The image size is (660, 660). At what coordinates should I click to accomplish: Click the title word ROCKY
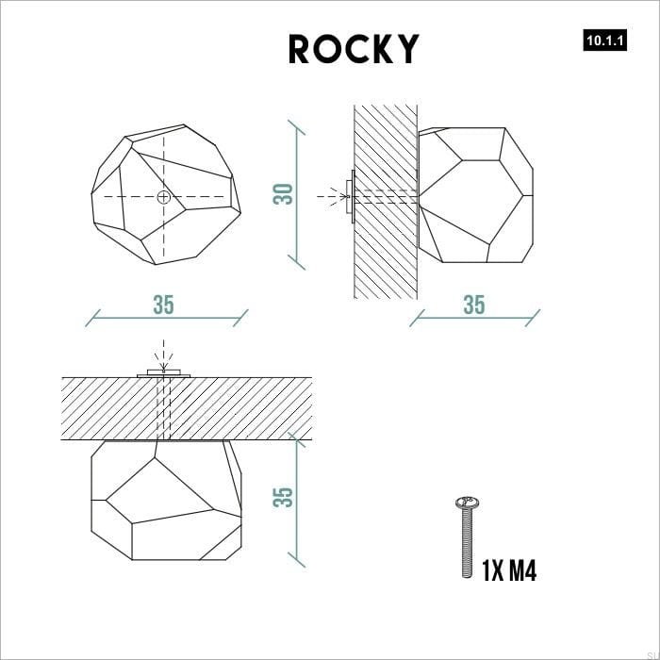354,49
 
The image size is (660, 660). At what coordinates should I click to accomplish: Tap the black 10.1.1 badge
605,41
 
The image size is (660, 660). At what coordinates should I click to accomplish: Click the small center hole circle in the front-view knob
164,197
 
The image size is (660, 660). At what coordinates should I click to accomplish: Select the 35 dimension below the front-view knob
164,305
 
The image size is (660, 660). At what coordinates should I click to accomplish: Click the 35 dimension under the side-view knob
473,305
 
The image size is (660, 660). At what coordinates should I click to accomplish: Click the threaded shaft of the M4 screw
466,543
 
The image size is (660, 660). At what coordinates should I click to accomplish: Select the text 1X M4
509,571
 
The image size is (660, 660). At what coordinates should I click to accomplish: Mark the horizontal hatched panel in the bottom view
236,408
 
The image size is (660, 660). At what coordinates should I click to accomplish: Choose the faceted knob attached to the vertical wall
476,196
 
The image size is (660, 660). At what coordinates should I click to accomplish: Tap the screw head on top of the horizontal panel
164,375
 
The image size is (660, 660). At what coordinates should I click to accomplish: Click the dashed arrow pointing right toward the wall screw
330,197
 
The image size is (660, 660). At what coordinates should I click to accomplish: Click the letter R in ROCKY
300,49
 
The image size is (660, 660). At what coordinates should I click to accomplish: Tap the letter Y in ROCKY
406,49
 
